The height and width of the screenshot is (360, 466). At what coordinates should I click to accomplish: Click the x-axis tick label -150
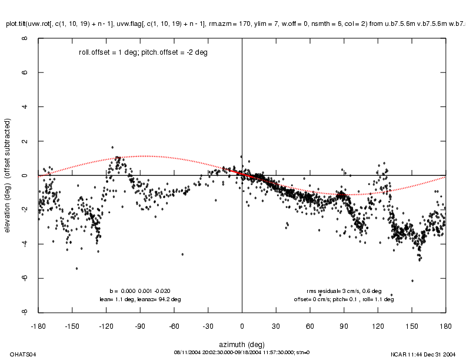point(72,324)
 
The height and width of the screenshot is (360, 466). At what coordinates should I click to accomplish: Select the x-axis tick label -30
point(208,324)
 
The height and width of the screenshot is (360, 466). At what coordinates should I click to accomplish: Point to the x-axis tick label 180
point(445,324)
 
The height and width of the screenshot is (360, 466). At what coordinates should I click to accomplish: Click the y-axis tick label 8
point(25,39)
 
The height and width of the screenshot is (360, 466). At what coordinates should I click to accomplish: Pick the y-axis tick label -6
point(25,278)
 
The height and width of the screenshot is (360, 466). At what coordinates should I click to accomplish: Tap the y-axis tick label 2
point(25,141)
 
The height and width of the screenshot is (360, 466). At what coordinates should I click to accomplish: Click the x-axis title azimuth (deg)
point(242,343)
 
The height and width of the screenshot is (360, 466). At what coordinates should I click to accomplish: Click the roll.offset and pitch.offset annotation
point(143,52)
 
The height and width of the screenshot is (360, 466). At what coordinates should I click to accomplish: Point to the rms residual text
point(344,291)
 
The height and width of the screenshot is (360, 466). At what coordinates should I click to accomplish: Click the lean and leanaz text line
point(140,299)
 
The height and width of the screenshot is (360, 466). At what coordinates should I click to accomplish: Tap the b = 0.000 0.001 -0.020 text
point(140,291)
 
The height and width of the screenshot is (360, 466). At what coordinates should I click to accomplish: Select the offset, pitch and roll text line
point(344,299)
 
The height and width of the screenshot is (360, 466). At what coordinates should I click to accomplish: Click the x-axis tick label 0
point(242,324)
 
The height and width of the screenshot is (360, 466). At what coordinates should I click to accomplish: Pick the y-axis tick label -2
point(25,210)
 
